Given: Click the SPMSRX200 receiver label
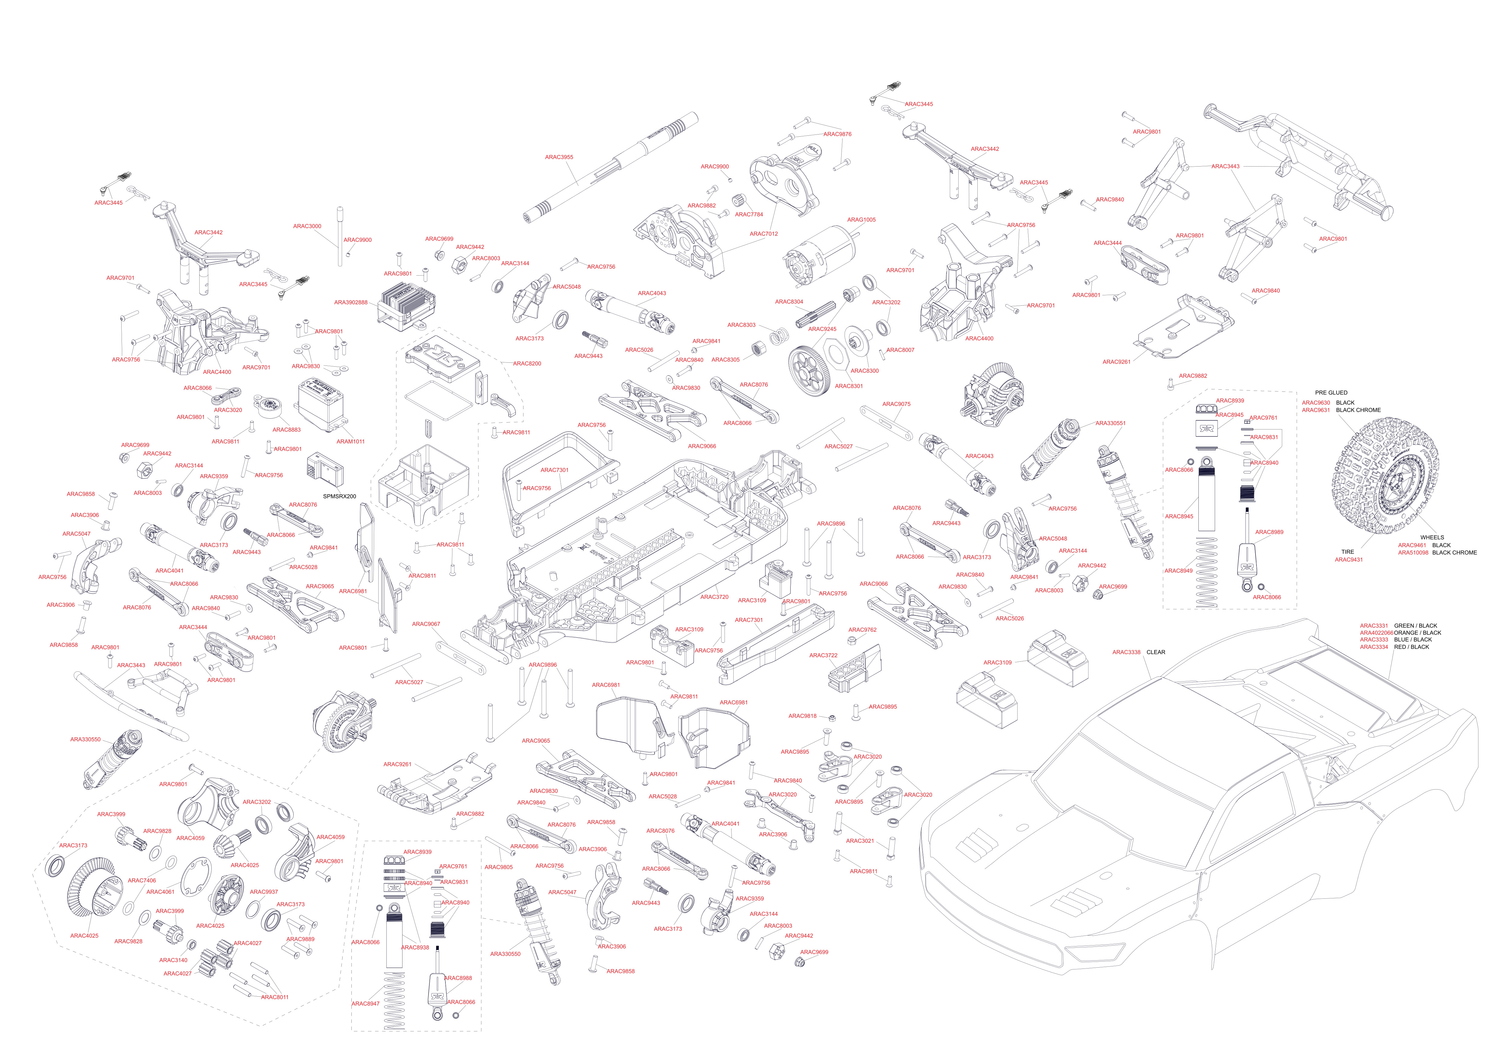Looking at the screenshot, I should [x=339, y=496].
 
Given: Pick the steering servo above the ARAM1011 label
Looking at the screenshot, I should [x=320, y=406].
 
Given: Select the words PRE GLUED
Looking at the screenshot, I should [x=1331, y=392].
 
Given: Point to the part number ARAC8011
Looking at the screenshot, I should [x=275, y=998].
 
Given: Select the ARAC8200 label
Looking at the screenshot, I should [x=527, y=363].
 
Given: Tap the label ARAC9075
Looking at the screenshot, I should [x=896, y=404].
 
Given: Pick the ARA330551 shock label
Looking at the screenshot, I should [x=1110, y=423].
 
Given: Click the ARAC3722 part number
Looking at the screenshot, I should [x=823, y=656].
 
